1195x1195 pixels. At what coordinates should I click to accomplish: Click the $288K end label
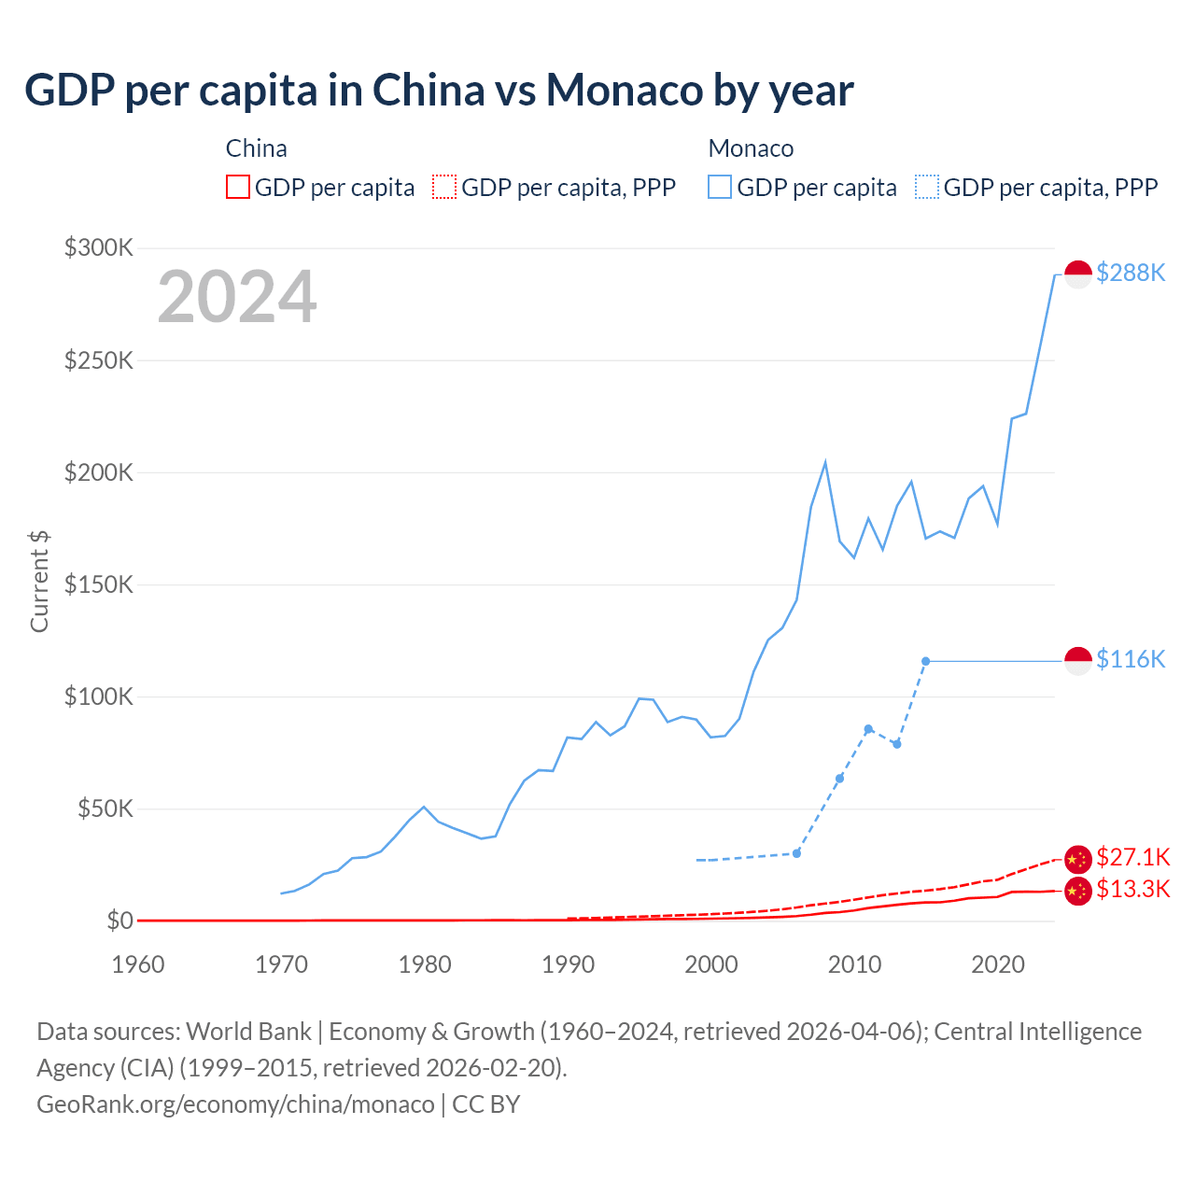click(x=1131, y=273)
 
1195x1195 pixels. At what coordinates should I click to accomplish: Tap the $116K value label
click(x=1131, y=659)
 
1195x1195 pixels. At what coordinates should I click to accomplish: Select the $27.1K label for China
click(x=1132, y=857)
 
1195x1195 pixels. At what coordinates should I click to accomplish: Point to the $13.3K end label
click(x=1132, y=889)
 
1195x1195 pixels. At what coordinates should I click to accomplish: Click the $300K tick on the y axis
click(x=99, y=247)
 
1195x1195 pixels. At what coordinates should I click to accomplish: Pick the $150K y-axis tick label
click(x=99, y=584)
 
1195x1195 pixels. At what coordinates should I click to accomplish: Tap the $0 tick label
click(x=119, y=921)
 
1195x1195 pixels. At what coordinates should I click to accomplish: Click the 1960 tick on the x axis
click(x=138, y=964)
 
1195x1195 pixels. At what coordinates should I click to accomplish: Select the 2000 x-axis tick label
click(x=711, y=964)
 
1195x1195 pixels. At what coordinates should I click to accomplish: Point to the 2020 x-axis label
click(x=998, y=964)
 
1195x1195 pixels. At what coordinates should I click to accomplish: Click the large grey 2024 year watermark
click(x=237, y=297)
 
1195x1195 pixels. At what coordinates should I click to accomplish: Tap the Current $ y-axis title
click(x=39, y=581)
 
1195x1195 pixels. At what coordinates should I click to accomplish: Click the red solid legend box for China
click(x=238, y=187)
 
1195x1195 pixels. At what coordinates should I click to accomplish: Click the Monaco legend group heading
click(x=751, y=148)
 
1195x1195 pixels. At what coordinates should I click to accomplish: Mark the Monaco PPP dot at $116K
click(x=925, y=661)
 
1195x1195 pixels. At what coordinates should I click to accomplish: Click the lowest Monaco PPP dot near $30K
click(x=796, y=853)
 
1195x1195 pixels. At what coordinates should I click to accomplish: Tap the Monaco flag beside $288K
click(x=1078, y=274)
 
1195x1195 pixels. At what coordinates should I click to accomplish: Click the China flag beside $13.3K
click(x=1078, y=891)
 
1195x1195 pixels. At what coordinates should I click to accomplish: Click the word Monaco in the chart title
click(x=624, y=90)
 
